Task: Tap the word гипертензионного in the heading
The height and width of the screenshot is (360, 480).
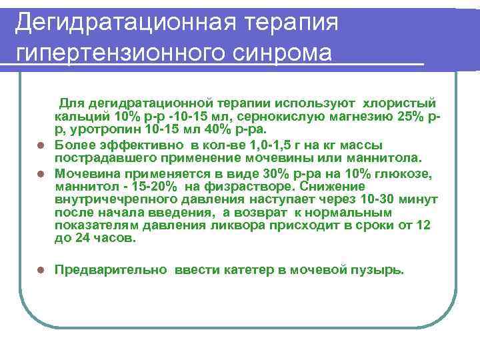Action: click(123, 52)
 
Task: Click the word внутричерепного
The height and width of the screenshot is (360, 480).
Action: click(111, 199)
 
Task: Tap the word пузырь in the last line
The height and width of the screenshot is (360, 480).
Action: click(380, 270)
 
